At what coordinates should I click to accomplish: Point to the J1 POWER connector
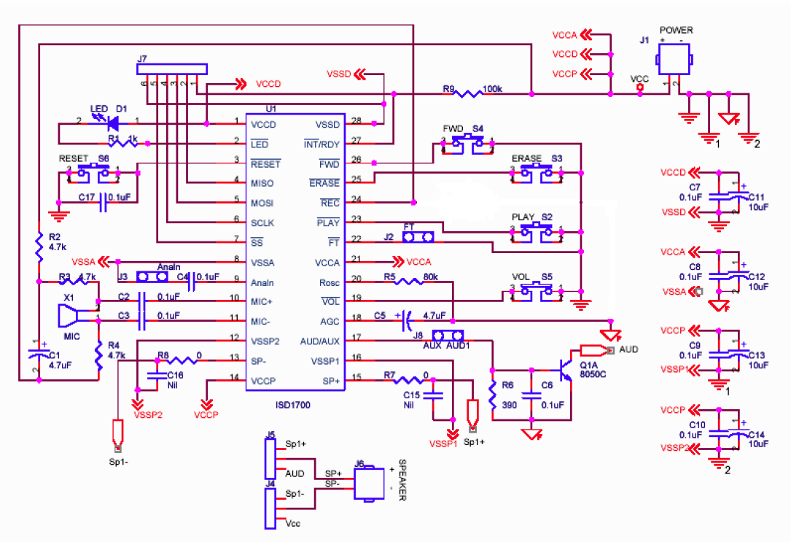pyautogui.click(x=672, y=61)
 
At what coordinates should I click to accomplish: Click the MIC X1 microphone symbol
pyautogui.click(x=76, y=317)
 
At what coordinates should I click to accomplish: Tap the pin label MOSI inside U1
pyautogui.click(x=262, y=202)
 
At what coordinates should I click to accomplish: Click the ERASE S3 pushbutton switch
pyautogui.click(x=537, y=173)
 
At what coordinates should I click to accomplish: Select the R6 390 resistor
pyautogui.click(x=494, y=395)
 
